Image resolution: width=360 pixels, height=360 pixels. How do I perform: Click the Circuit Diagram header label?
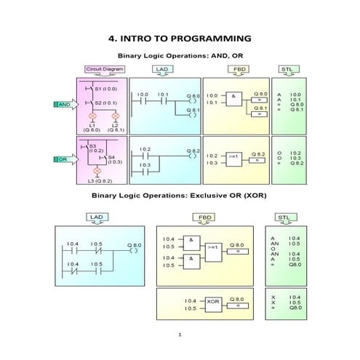point(105,69)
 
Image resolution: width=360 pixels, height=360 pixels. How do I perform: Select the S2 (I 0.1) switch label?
point(105,103)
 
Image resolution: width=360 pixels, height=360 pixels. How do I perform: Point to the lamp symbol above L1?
point(92,116)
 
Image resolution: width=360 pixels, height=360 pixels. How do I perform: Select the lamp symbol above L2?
point(114,116)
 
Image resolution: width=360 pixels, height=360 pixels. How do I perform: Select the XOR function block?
point(213,301)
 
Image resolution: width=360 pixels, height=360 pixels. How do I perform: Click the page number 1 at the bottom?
point(180,335)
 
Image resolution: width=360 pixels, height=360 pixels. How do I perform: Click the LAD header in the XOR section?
point(95,217)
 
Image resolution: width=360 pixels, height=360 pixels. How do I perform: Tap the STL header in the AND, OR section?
point(289,69)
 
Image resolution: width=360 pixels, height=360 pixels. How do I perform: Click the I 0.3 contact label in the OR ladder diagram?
point(145,165)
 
